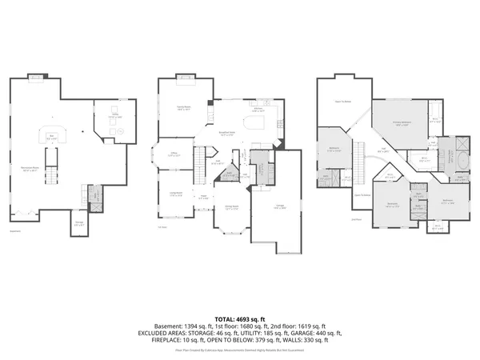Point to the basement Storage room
coord(78,223)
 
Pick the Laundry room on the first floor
coord(262,164)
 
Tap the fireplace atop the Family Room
coord(187,78)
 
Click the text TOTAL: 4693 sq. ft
coord(239,318)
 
